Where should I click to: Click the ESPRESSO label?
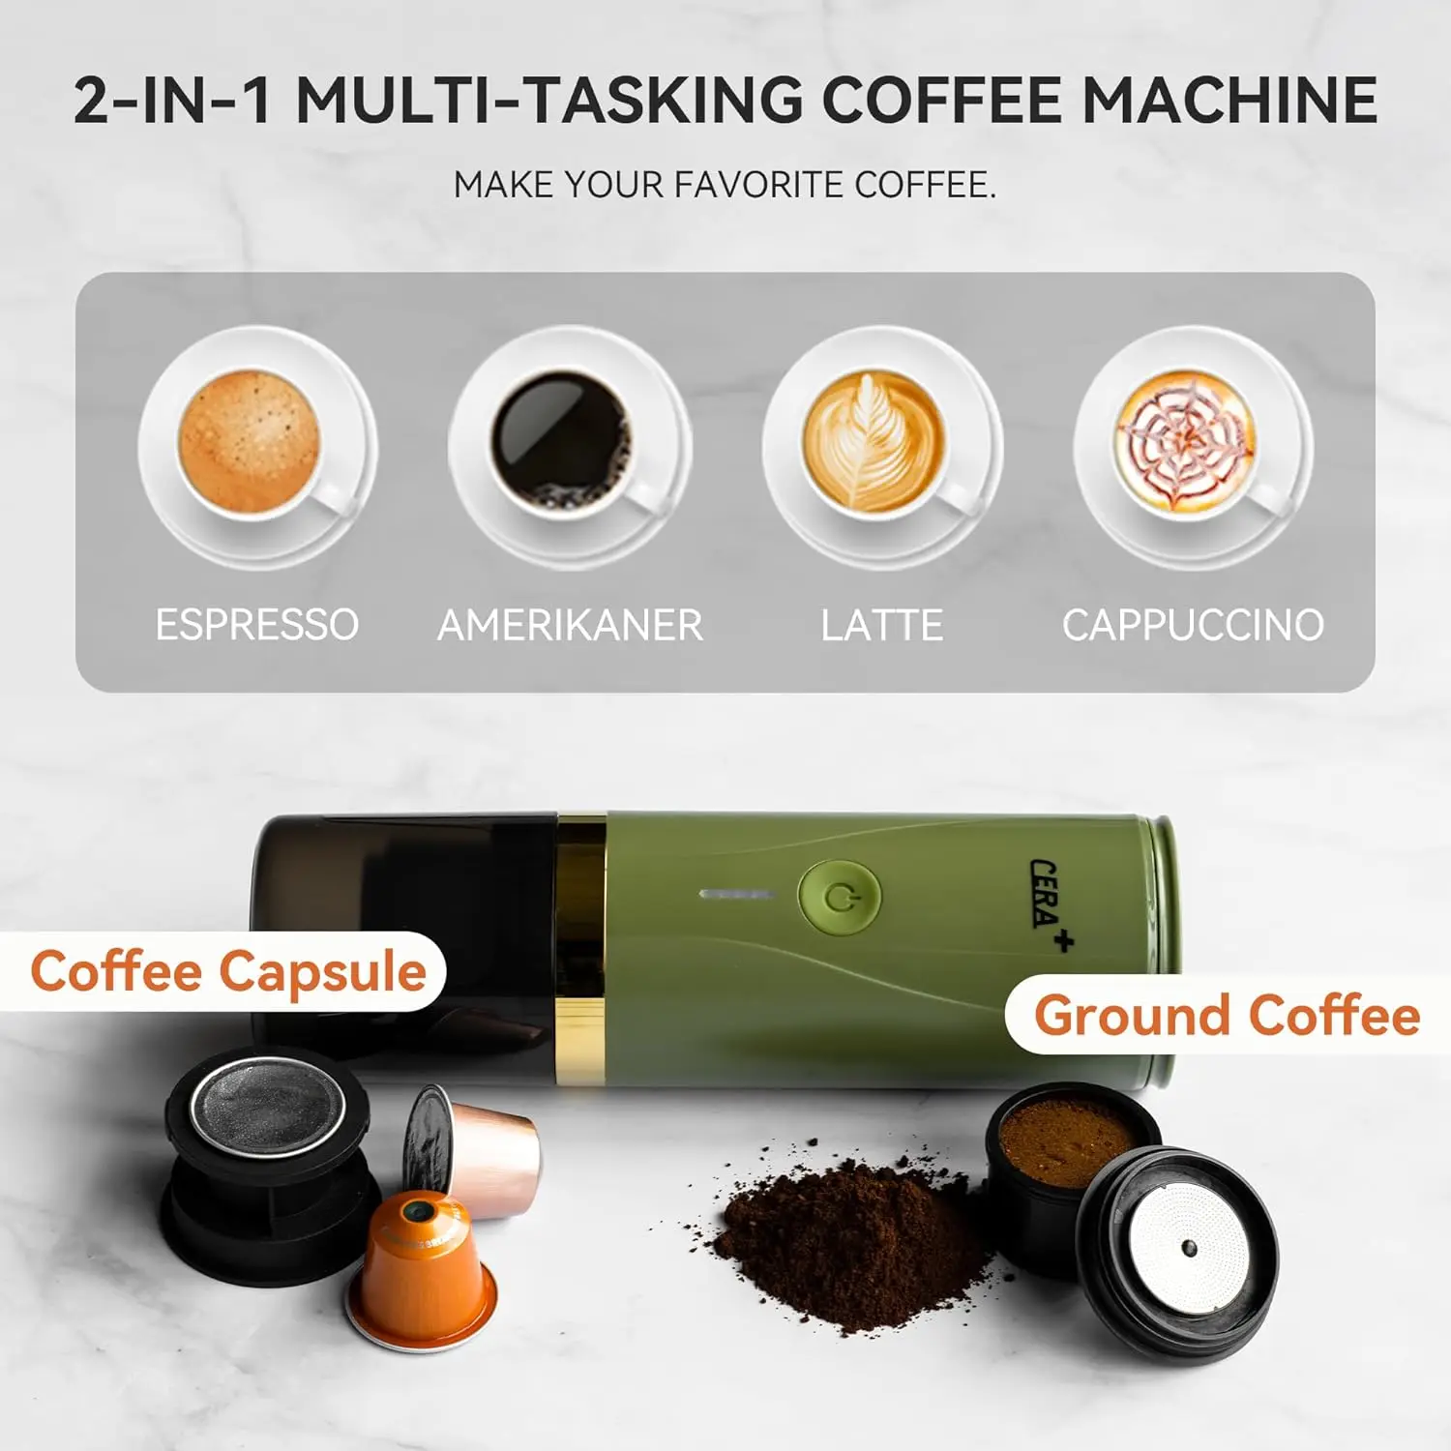pos(256,625)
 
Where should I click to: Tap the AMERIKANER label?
pos(570,625)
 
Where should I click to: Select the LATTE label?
pos(881,625)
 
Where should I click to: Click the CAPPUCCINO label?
pos(1193,625)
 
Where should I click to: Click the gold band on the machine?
pos(580,948)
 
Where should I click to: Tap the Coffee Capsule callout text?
pos(228,971)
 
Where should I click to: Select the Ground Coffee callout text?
pos(1227,1016)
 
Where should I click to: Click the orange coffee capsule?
pos(423,1267)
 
